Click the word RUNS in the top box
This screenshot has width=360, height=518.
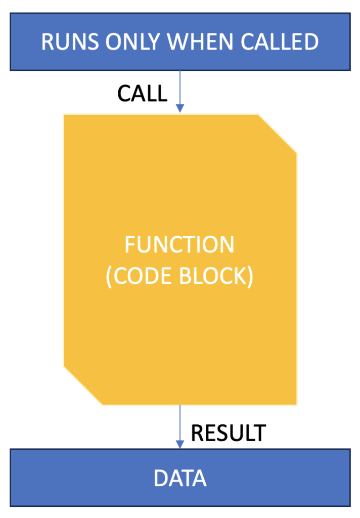(70, 42)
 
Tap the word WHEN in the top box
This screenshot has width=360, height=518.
(201, 42)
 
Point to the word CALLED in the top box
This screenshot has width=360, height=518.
(280, 42)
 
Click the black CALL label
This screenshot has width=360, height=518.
(143, 93)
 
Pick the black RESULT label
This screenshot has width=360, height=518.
(229, 433)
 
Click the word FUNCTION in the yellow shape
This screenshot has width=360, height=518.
(179, 244)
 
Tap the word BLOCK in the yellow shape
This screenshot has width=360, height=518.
(213, 276)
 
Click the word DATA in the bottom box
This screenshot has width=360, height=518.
(180, 478)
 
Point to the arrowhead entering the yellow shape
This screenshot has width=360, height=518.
(180, 108)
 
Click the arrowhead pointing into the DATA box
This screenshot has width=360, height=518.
(180, 444)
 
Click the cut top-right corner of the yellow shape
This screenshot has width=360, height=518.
(278, 134)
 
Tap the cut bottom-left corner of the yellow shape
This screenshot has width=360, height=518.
(82, 385)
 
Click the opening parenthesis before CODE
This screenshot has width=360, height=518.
(109, 277)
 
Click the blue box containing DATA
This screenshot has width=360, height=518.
(180, 478)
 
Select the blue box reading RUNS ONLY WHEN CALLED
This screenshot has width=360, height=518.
(180, 41)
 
